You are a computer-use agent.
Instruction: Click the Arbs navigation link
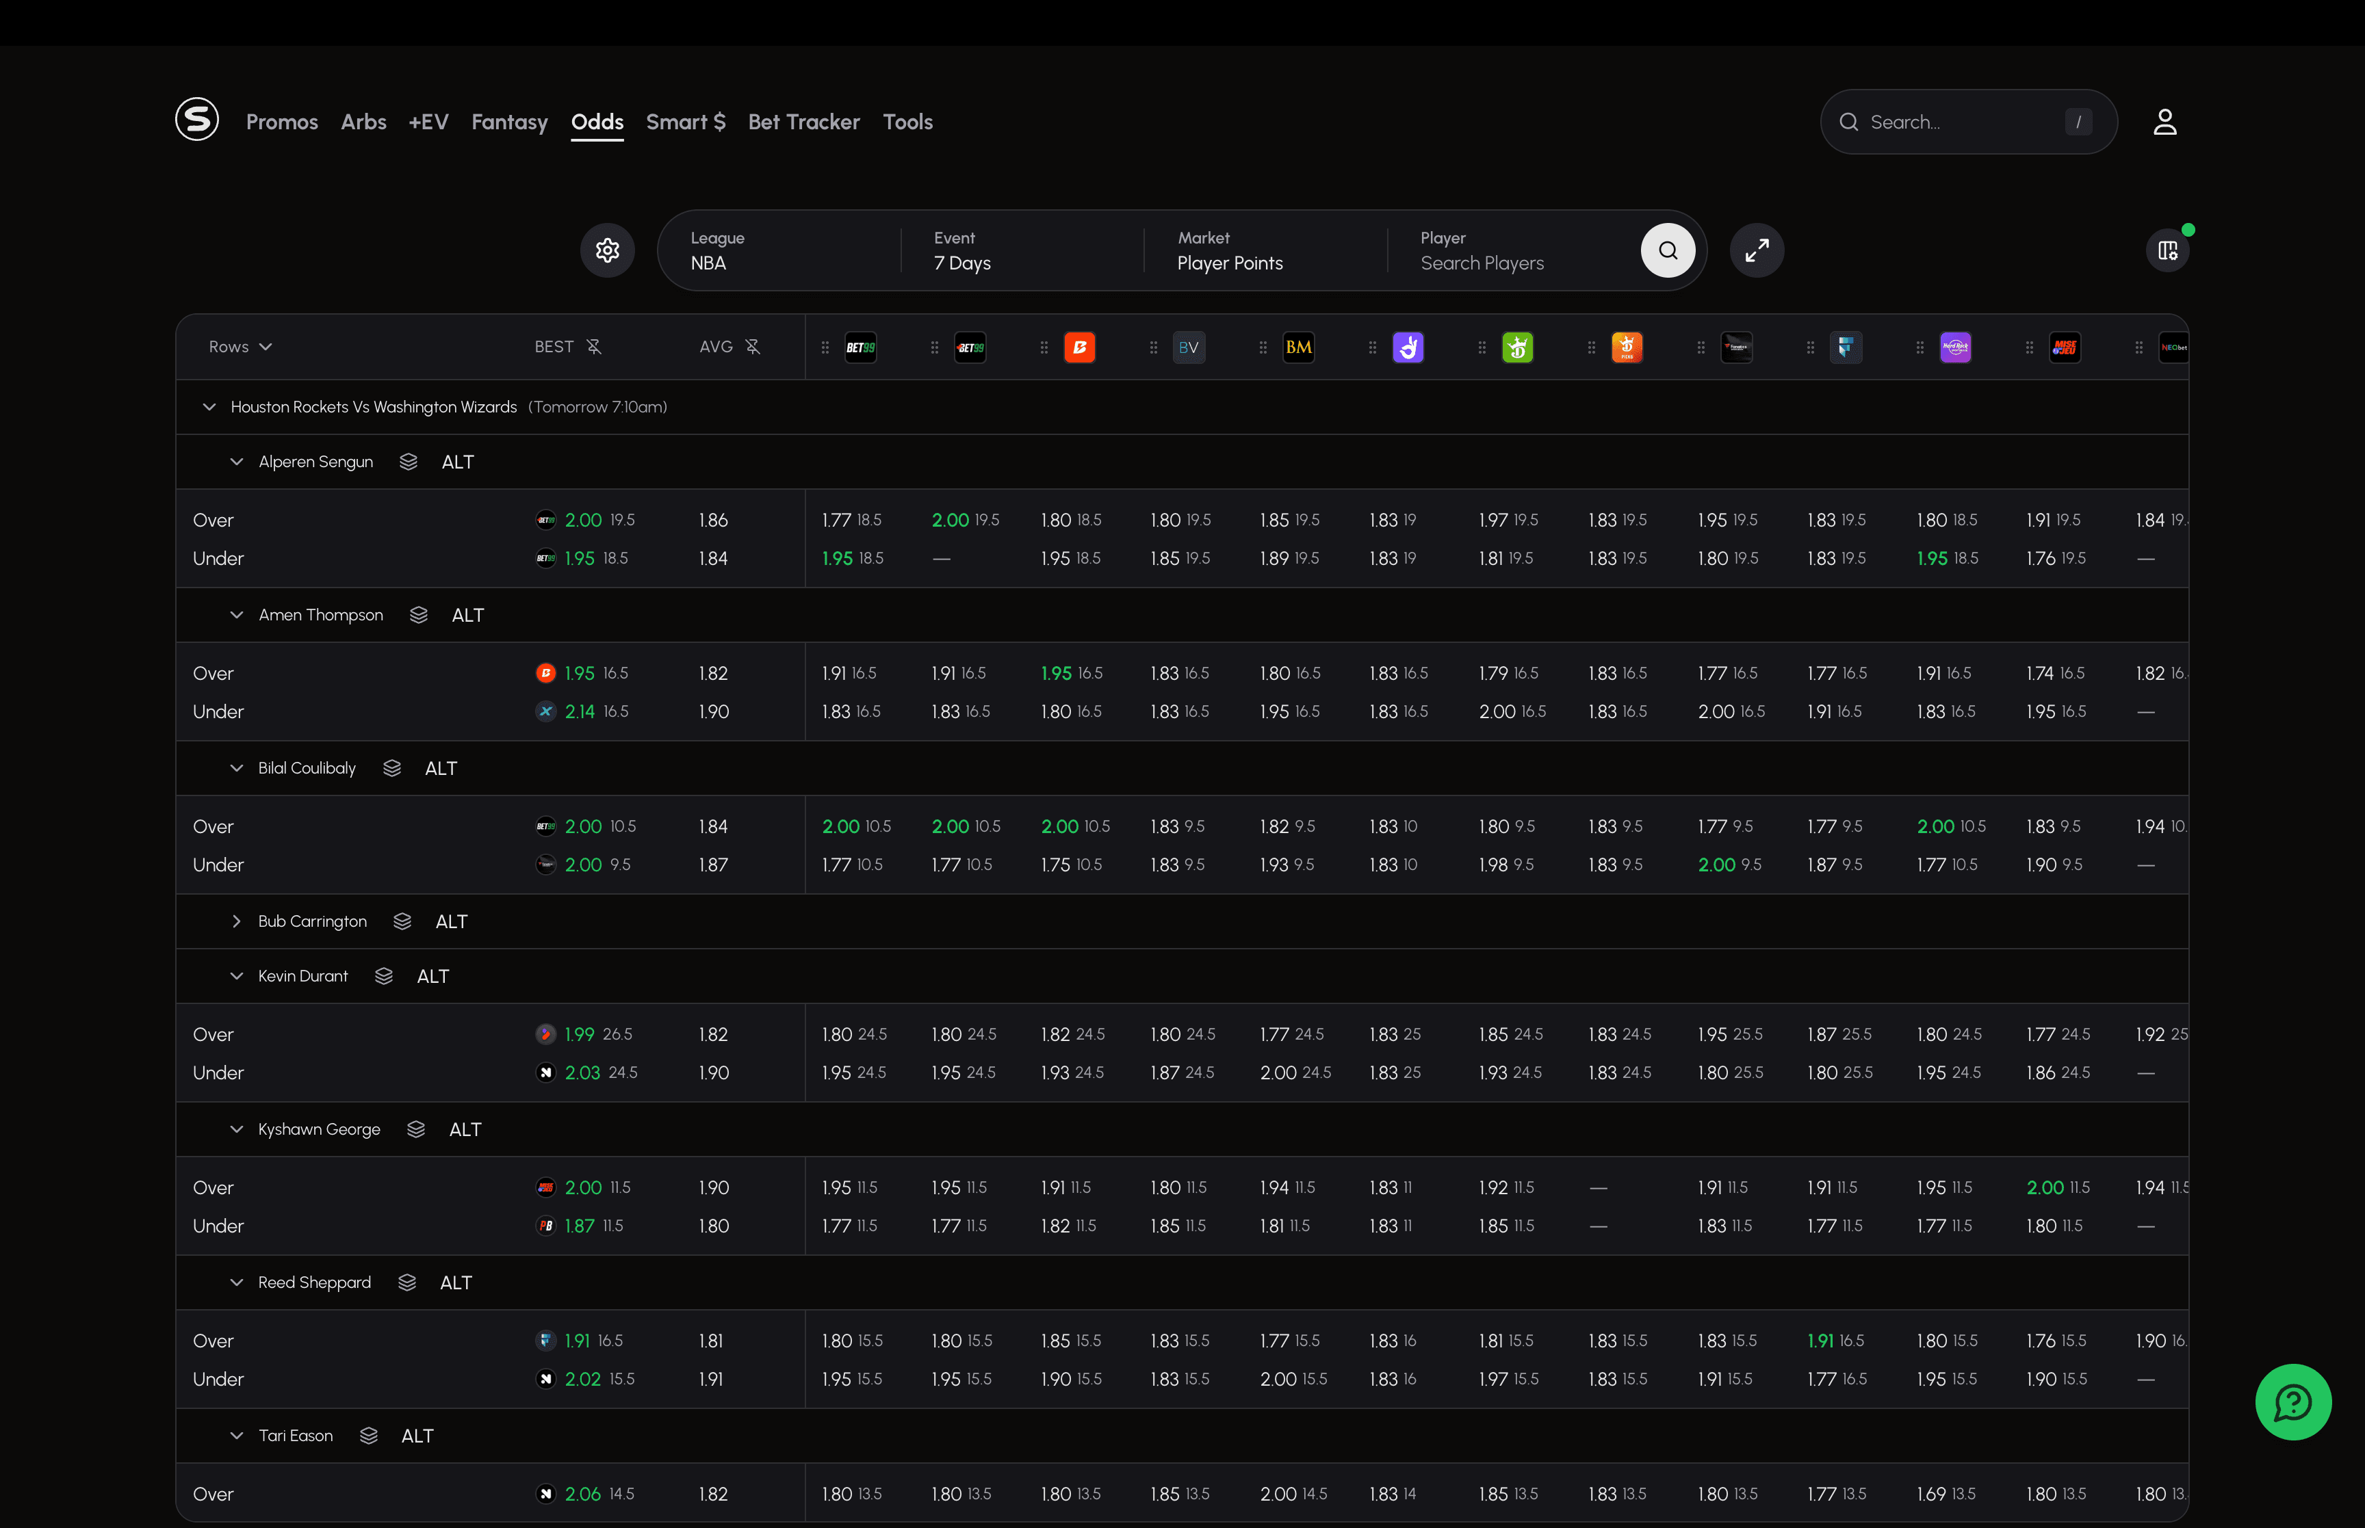click(x=363, y=122)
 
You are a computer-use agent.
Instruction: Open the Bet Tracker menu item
click(x=803, y=122)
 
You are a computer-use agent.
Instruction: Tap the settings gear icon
click(x=608, y=250)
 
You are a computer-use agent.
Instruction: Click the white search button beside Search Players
click(x=1667, y=250)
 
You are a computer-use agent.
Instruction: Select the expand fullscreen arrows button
click(x=1757, y=250)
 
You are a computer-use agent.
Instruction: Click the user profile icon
click(x=2164, y=122)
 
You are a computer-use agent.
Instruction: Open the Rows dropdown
click(x=240, y=346)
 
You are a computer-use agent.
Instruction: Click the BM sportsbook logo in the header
click(x=1298, y=347)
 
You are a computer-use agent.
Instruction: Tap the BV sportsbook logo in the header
click(x=1189, y=347)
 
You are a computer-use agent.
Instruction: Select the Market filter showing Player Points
click(x=1230, y=251)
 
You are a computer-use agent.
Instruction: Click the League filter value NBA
click(x=708, y=263)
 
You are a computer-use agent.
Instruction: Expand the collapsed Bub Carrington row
click(x=236, y=922)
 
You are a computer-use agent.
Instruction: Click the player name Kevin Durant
click(x=302, y=976)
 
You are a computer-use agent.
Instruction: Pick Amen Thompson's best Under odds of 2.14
click(x=580, y=711)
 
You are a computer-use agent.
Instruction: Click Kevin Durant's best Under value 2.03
click(x=582, y=1072)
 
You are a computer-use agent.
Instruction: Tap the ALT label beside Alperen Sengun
click(x=458, y=462)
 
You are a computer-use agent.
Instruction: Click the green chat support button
click(x=2292, y=1402)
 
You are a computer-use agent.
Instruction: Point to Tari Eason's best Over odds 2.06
click(x=582, y=1494)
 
